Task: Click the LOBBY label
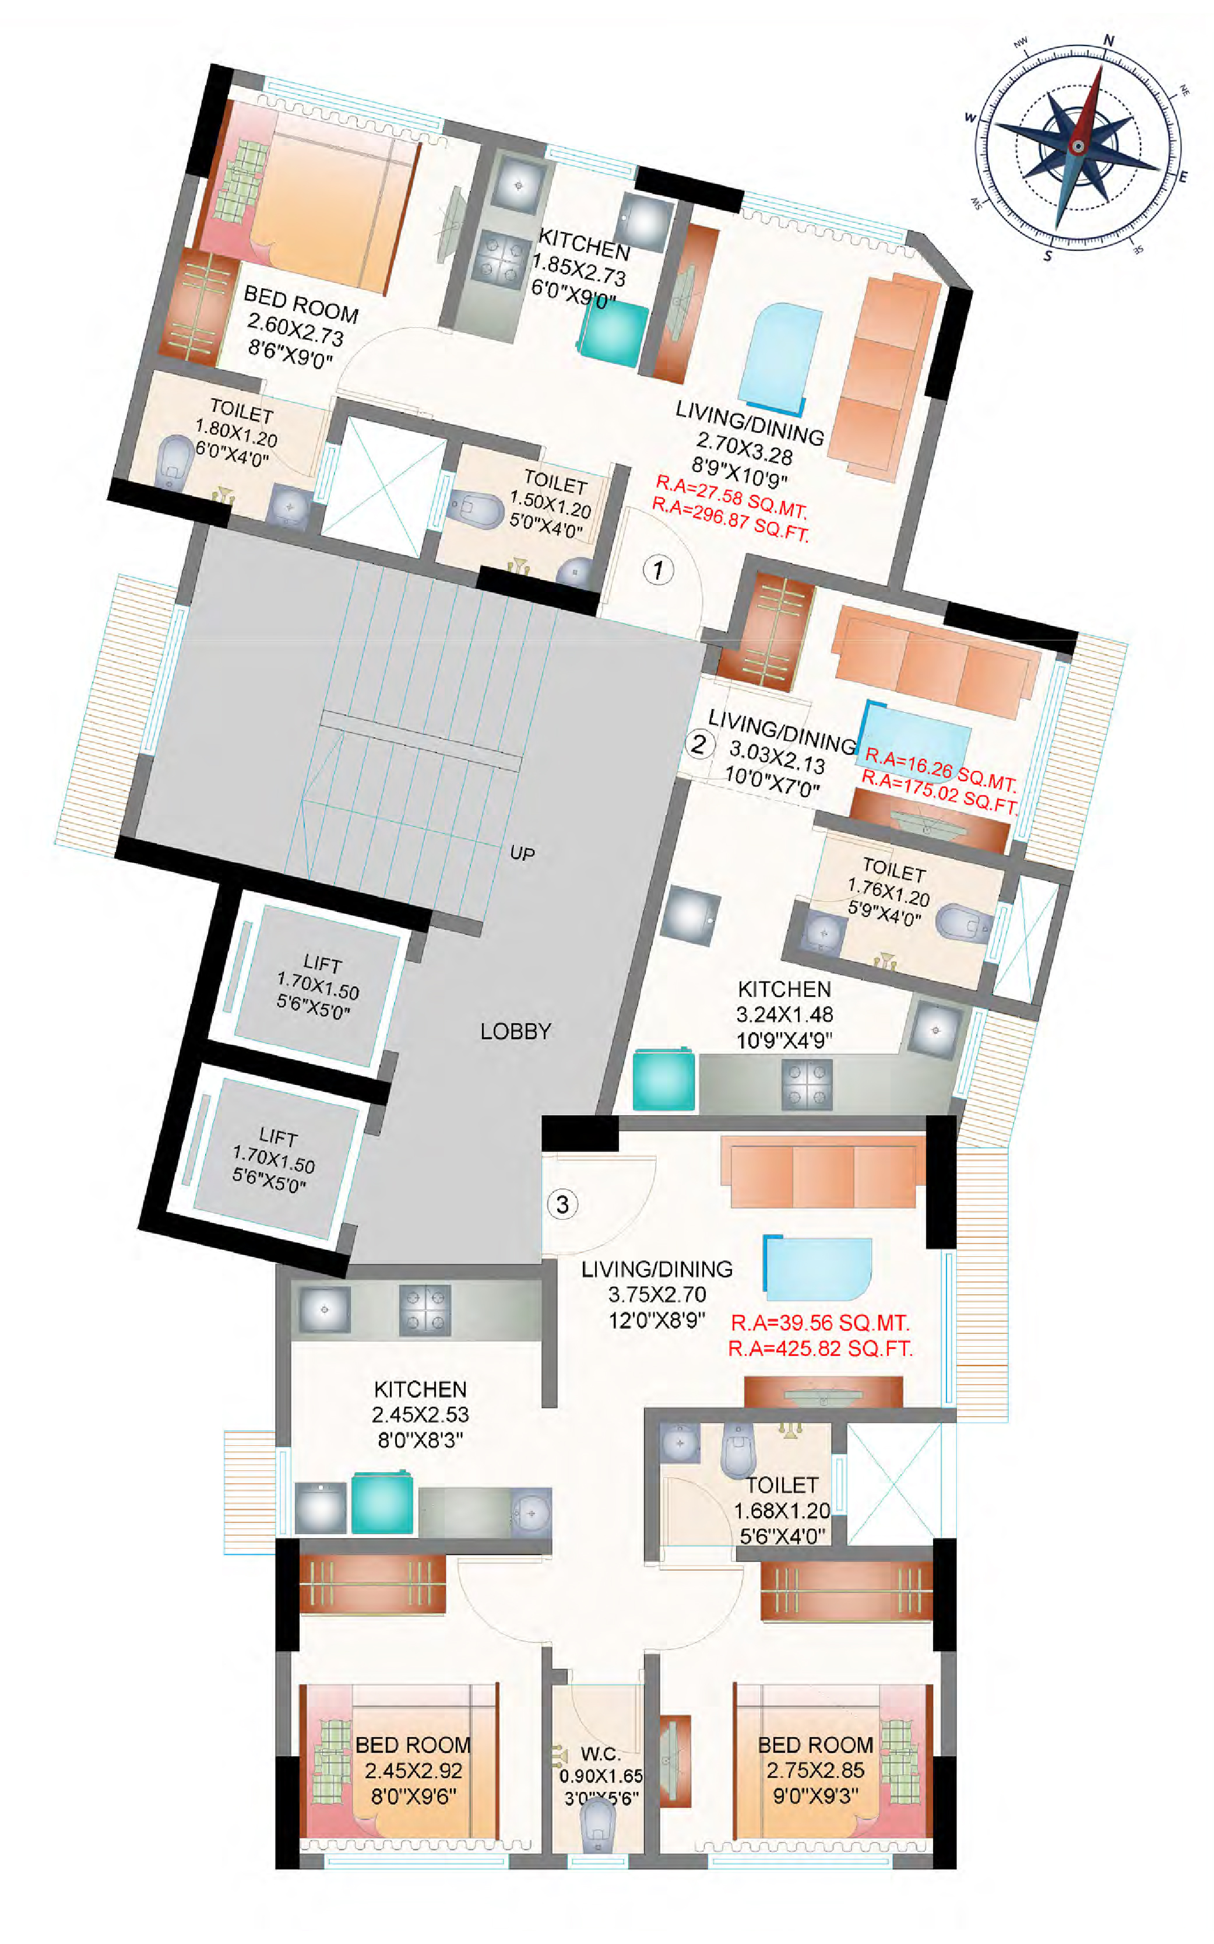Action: coord(515,1031)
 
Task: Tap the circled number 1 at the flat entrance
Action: coord(659,570)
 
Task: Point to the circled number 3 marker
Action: coord(562,1205)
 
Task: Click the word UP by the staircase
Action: coord(522,853)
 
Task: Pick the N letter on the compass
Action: coord(1109,41)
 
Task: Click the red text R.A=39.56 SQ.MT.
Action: coord(820,1323)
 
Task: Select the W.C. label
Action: coord(600,1754)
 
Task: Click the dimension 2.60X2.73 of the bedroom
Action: coord(295,330)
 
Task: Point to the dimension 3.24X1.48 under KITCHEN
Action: coord(784,1014)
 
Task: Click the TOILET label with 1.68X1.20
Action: coord(782,1486)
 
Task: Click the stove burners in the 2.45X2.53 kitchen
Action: coord(425,1311)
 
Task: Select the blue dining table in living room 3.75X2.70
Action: coord(817,1269)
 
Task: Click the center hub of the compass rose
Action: coord(1078,146)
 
